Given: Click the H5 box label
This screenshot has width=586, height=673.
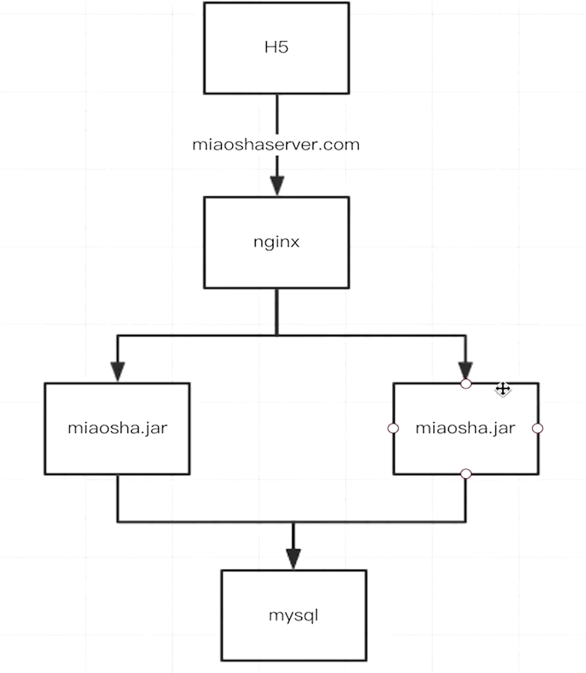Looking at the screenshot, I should point(277,48).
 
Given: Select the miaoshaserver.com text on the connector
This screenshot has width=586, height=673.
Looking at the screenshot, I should point(277,145).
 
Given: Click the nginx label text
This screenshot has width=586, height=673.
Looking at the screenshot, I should point(277,242).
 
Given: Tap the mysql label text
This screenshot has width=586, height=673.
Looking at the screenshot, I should point(294,615).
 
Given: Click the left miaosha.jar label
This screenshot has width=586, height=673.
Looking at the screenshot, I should point(117,429).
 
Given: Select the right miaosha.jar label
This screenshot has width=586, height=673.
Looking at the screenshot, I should point(465,429).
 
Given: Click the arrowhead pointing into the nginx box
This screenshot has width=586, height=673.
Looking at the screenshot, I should point(277,186).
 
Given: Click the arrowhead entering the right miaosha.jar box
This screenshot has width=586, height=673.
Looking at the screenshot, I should point(465,370).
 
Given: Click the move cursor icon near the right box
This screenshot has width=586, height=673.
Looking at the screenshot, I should point(503,388).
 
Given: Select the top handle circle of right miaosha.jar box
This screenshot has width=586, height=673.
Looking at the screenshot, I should point(465,384).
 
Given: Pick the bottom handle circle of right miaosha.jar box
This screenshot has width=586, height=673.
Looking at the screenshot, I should point(465,474).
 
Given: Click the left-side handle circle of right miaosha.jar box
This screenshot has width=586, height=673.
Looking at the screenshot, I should point(393,429).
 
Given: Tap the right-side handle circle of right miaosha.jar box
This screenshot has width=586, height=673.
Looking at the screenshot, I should point(537,429).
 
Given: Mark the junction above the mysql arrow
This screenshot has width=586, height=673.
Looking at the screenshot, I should point(293,522).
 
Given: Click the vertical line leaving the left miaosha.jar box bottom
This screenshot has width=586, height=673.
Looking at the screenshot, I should point(117,498).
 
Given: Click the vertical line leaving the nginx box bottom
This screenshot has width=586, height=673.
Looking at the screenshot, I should point(277,310).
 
